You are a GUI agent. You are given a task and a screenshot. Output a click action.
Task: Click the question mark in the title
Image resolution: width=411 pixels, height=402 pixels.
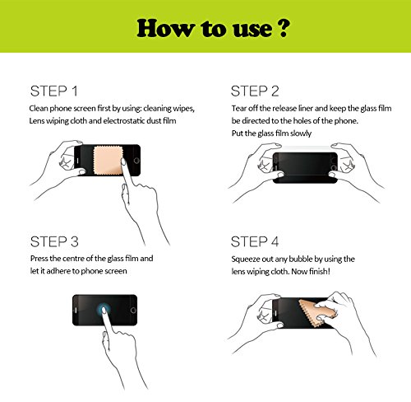pos(281,27)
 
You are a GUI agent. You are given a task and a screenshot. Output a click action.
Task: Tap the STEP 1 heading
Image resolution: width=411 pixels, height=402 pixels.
pos(54,91)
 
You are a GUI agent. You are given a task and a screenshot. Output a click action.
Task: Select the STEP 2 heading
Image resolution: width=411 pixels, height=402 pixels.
pos(255,91)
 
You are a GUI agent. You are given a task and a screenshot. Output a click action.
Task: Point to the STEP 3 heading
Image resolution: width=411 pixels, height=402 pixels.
pos(54,241)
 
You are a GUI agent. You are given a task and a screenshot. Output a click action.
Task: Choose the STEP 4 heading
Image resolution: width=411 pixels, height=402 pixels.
pos(255,241)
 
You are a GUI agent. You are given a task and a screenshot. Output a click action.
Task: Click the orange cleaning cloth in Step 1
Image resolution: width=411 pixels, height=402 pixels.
pos(108,161)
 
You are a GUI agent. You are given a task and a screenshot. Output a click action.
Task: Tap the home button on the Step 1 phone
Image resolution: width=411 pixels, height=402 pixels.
pos(136,161)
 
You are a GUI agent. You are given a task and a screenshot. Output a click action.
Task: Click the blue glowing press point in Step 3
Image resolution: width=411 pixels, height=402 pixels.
pos(104,310)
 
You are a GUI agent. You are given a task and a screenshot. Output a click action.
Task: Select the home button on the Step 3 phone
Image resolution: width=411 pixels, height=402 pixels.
pos(133,311)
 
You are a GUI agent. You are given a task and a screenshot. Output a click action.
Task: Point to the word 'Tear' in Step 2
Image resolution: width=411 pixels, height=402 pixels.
pos(239,108)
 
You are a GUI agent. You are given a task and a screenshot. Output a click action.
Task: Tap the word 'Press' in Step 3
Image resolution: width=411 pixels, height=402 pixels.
pos(39,259)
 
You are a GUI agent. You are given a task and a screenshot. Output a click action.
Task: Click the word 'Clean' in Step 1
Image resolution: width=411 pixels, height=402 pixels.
pos(39,108)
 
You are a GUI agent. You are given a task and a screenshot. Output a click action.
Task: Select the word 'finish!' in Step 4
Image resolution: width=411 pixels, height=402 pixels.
pos(320,271)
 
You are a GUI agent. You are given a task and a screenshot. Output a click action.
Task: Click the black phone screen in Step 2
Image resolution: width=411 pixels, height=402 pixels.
pos(305,167)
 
